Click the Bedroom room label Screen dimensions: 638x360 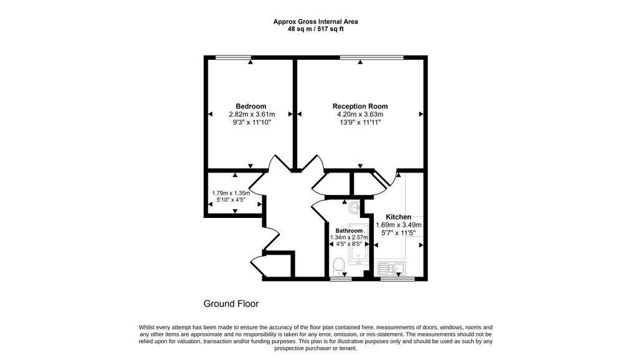251,107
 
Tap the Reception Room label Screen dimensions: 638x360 360,107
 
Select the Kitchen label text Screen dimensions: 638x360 398,217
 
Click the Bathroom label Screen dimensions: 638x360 349,230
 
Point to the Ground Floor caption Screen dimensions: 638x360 231,303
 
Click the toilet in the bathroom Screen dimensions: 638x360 338,267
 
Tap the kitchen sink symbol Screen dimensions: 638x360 391,267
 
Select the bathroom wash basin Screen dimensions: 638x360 355,208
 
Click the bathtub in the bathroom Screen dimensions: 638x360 358,244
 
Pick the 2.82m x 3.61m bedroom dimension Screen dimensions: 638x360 252,115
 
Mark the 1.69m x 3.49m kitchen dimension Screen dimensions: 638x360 398,225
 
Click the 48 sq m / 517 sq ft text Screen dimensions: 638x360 316,29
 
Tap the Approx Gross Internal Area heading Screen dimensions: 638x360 316,22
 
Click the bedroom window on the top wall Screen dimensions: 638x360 233,57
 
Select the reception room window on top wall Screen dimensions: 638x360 371,57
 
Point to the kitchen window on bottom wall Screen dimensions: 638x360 398,278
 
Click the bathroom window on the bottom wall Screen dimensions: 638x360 341,278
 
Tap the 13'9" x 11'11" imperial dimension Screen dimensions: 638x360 360,122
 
